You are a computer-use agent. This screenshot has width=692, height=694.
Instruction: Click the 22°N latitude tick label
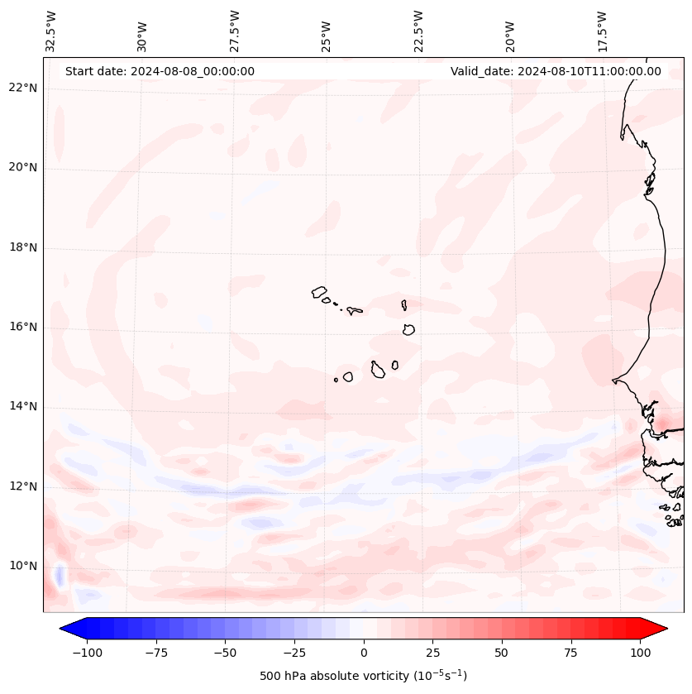tap(22, 88)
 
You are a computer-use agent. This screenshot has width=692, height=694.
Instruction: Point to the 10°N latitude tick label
tap(22, 567)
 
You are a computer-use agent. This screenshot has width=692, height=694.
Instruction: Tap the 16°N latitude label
tap(22, 327)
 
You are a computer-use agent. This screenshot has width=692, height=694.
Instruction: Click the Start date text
tap(160, 71)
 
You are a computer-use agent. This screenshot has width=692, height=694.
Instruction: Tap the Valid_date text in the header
tap(556, 71)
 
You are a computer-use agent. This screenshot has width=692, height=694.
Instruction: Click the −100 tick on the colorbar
tap(87, 653)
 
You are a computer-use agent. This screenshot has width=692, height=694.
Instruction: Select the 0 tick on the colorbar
tap(364, 653)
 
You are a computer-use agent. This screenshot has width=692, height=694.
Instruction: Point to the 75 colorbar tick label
tap(570, 653)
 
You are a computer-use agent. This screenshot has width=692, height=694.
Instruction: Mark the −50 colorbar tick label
tap(225, 653)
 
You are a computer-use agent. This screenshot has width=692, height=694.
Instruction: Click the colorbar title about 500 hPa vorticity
tap(363, 676)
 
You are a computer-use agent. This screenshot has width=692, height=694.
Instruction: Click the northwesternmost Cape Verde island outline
tap(319, 291)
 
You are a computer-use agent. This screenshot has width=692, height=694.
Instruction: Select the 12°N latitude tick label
tap(22, 486)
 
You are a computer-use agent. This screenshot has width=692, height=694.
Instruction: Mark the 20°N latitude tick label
tap(22, 167)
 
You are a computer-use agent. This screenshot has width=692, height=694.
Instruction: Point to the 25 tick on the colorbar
tap(432, 653)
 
